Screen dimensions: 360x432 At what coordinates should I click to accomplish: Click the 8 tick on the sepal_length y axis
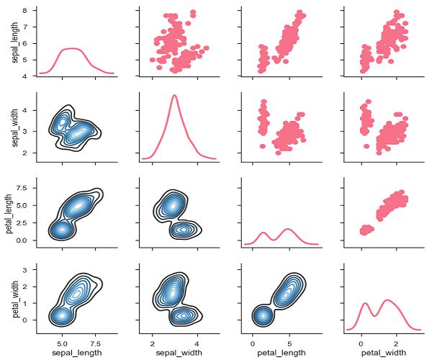click(25, 12)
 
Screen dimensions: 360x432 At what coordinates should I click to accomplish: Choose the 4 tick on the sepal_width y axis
click(25, 110)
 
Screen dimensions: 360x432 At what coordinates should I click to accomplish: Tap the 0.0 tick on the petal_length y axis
click(21, 240)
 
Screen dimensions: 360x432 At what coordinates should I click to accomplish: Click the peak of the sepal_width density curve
click(174, 95)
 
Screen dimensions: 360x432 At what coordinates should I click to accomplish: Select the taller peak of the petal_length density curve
click(289, 229)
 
